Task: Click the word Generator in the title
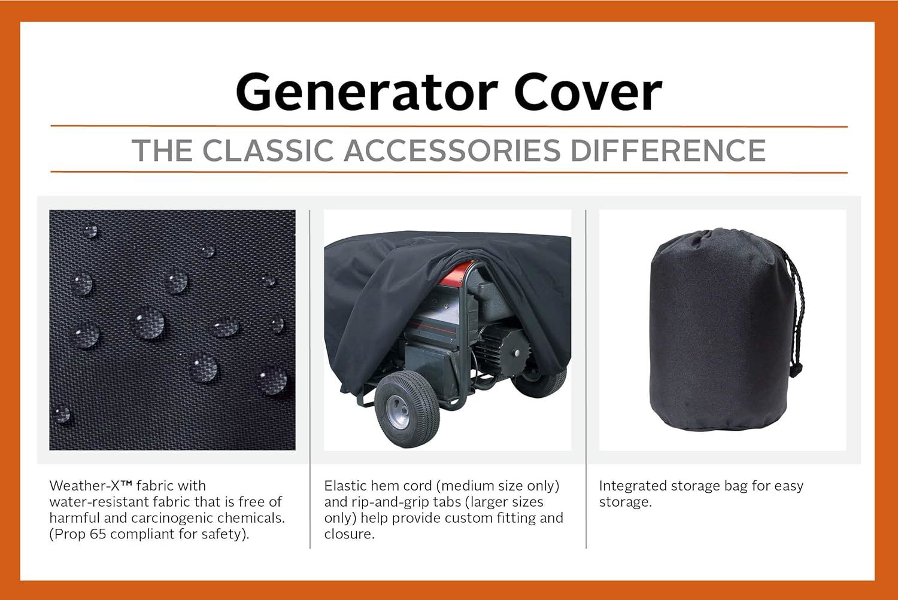(367, 92)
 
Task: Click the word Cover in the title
(588, 92)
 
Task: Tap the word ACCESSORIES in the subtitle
(452, 151)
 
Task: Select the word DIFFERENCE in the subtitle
(668, 151)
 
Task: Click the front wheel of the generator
(406, 409)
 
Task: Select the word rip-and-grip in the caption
(392, 502)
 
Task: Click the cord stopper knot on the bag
(796, 369)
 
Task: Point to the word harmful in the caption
(74, 518)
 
